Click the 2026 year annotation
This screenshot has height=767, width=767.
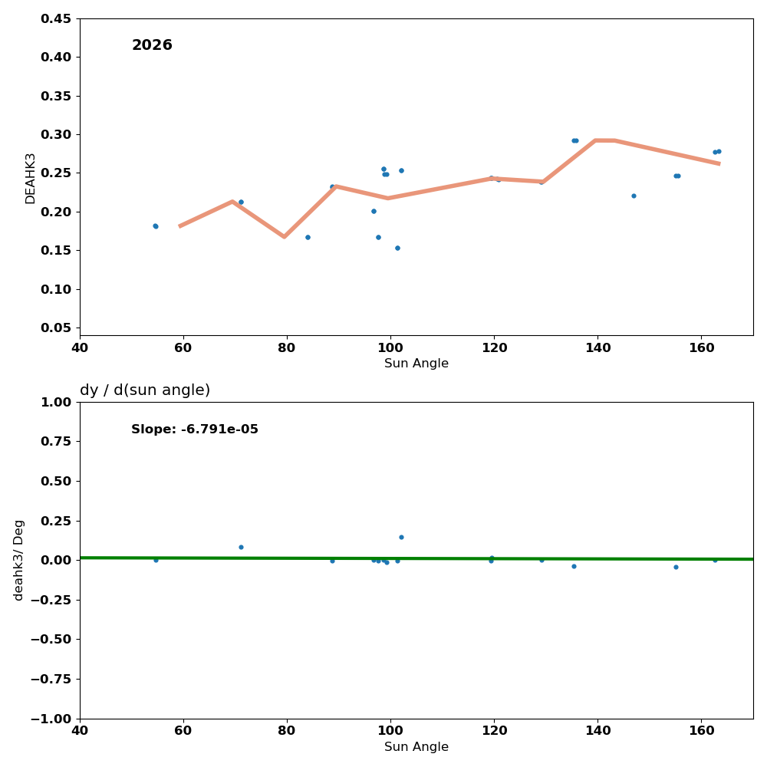click(x=152, y=45)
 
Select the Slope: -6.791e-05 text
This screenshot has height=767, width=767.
click(x=195, y=430)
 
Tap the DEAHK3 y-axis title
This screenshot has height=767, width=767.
click(x=31, y=178)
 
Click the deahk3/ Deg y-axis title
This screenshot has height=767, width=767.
click(x=19, y=560)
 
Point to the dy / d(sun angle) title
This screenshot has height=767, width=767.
click(x=145, y=390)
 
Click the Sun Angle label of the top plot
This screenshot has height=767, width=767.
click(x=416, y=364)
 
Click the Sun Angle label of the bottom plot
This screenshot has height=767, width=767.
click(x=416, y=747)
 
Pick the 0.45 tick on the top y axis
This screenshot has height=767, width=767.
click(x=55, y=18)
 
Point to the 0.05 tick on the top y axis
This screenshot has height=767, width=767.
click(x=55, y=328)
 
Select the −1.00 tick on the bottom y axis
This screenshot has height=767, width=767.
click(x=50, y=719)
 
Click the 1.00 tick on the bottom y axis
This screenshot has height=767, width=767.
click(x=55, y=402)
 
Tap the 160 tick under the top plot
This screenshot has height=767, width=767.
click(x=701, y=346)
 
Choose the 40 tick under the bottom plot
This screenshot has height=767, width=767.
click(x=80, y=729)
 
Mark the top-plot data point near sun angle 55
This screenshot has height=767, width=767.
click(x=155, y=226)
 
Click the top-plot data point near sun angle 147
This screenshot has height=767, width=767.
click(x=634, y=196)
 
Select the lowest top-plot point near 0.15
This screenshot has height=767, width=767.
click(x=397, y=248)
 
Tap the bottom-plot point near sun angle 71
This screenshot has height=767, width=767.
click(x=241, y=547)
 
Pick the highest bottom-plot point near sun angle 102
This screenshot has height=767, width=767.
click(x=401, y=537)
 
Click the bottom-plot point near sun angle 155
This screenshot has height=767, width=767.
click(x=676, y=567)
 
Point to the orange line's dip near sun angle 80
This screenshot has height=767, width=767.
click(x=284, y=236)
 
